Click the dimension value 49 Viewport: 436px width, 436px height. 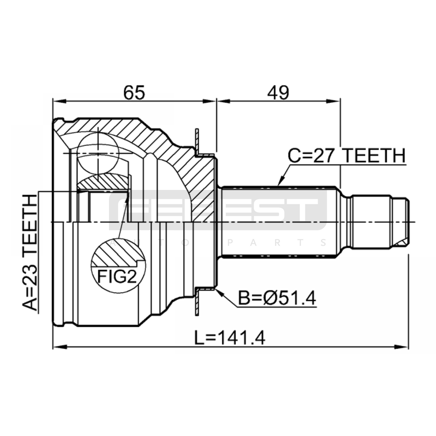coord(278,92)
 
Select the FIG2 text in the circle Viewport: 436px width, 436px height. coord(117,277)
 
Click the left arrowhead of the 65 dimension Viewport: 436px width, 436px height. coord(60,101)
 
